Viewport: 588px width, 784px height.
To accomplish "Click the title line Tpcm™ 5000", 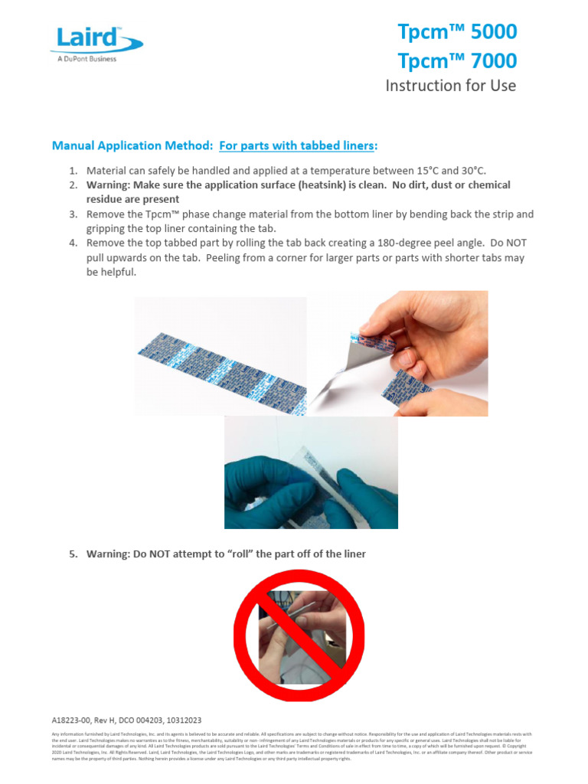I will click(457, 32).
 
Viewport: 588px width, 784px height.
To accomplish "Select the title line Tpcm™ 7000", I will click(457, 60).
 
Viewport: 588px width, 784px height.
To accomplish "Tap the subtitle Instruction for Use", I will click(450, 85).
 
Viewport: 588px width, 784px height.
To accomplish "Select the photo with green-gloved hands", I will click(311, 472).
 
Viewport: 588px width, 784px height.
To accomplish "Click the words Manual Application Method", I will click(132, 145).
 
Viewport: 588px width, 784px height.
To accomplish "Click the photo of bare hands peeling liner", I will click(397, 353).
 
